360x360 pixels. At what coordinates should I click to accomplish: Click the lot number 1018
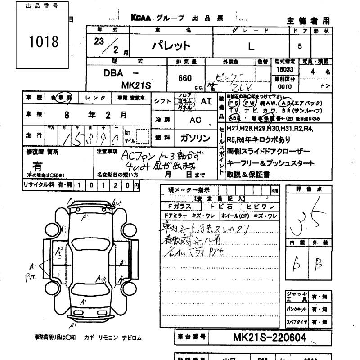pos(44,42)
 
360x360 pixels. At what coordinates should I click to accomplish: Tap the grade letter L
pos(251,45)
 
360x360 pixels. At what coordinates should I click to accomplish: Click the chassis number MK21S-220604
pos(270,337)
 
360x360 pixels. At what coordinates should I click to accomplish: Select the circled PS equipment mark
pos(234,102)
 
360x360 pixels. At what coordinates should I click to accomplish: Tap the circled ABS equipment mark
pos(234,118)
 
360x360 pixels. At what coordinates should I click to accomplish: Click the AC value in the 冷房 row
pos(195,120)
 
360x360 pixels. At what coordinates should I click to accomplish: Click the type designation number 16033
pos(284,70)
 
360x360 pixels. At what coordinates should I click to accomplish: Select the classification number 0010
pos(283,86)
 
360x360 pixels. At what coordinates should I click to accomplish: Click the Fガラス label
pos(179,207)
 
